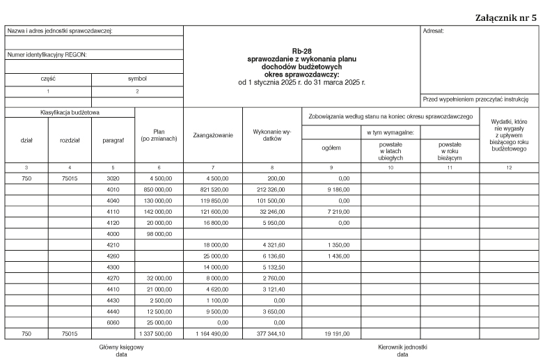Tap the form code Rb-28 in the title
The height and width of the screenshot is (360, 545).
click(x=301, y=52)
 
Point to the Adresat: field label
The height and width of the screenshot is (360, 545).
click(x=433, y=31)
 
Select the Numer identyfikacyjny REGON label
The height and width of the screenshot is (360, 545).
click(x=47, y=54)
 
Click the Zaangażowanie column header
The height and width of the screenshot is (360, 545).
click(x=212, y=135)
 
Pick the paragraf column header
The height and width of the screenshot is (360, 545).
click(x=113, y=140)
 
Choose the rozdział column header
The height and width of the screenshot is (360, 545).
click(x=70, y=140)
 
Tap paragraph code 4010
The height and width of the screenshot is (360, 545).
click(x=113, y=189)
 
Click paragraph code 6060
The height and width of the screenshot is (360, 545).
click(x=113, y=322)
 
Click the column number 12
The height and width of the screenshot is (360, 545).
click(x=508, y=168)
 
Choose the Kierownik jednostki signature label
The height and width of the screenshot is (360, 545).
click(x=402, y=347)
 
